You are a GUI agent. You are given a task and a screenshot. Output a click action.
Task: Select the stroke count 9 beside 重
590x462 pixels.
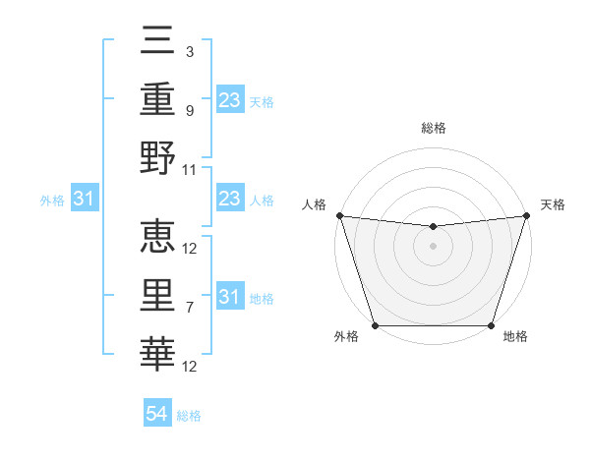189,111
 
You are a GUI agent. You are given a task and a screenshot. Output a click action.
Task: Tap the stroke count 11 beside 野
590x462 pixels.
190,169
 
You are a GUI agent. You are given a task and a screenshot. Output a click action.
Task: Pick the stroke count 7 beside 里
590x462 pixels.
189,308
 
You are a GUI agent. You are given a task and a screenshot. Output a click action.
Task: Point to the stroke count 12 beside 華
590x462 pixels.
190,367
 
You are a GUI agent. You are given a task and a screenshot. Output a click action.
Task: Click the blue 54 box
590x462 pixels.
157,414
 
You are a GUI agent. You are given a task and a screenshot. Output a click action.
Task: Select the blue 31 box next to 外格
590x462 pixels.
85,200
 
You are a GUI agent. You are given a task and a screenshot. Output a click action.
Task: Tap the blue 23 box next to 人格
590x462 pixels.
229,200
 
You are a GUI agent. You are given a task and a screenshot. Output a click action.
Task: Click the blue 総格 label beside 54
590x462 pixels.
189,416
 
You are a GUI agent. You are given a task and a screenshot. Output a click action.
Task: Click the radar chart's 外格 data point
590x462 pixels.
375,325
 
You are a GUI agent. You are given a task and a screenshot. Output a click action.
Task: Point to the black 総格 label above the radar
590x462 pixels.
433,128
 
